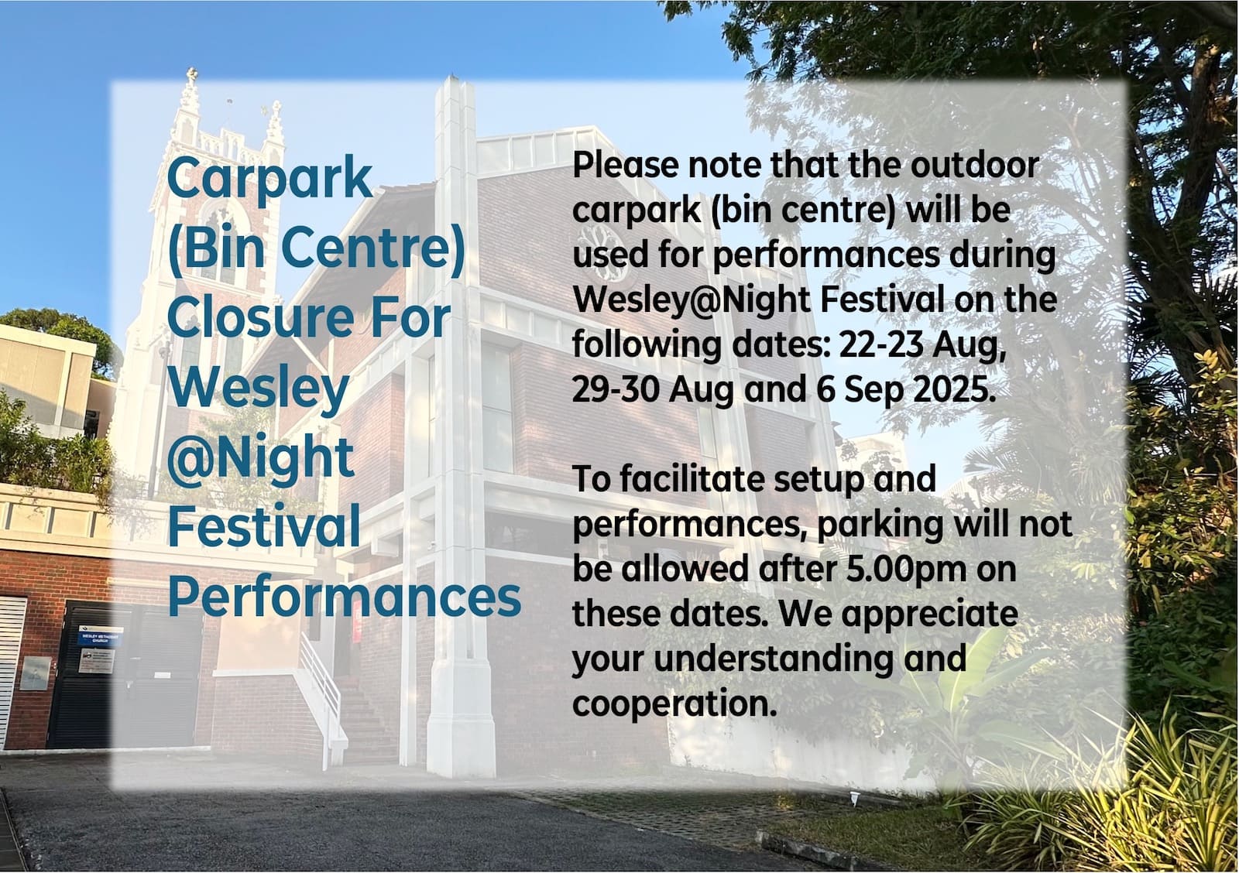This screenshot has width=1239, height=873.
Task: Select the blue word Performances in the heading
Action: pyautogui.click(x=344, y=597)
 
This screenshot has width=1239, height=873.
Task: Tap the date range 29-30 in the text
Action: pyautogui.click(x=616, y=389)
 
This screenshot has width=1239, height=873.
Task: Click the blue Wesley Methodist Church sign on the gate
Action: pyautogui.click(x=100, y=636)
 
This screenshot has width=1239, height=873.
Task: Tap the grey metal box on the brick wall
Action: pyautogui.click(x=36, y=673)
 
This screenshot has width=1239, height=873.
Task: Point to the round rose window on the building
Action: pyautogui.click(x=607, y=252)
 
